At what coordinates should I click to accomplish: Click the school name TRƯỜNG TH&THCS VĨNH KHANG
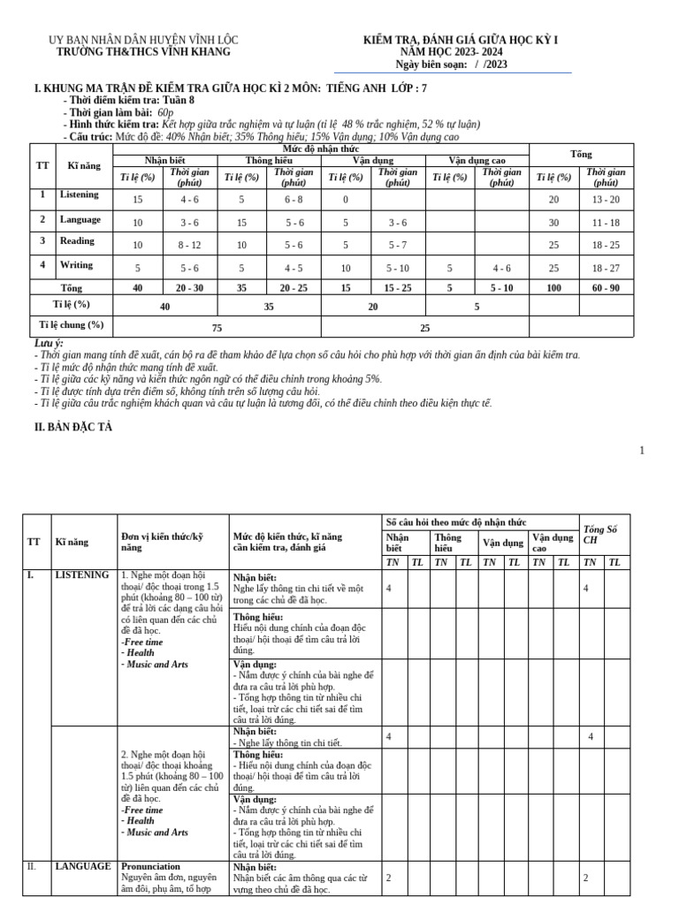[x=142, y=52]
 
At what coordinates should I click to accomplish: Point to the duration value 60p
[x=165, y=113]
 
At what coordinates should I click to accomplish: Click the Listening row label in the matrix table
[x=79, y=194]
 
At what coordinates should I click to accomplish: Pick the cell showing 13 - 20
[x=606, y=200]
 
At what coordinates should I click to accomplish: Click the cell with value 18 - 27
[x=606, y=269]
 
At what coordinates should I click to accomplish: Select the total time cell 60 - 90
[x=606, y=288]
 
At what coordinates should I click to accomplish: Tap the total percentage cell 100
[x=554, y=288]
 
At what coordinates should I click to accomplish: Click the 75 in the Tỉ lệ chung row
[x=217, y=327]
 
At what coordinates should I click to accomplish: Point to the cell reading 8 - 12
[x=189, y=246]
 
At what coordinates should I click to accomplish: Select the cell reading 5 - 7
[x=398, y=246]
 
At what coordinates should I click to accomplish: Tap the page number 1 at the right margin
[x=642, y=451]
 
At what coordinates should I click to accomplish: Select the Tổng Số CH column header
[x=600, y=535]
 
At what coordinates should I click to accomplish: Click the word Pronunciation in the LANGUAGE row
[x=150, y=866]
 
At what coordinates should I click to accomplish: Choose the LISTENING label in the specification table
[x=81, y=574]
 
